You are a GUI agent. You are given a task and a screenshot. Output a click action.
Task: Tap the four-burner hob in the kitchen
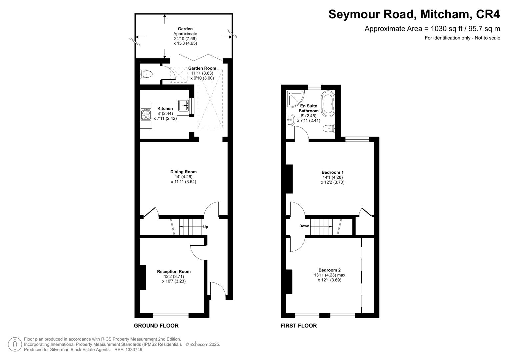[x=146, y=114]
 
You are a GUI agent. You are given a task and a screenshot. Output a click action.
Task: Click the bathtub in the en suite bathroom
[x=327, y=103]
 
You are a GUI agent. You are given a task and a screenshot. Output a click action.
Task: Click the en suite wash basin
[x=290, y=120]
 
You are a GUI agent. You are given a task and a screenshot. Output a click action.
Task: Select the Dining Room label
[x=183, y=172]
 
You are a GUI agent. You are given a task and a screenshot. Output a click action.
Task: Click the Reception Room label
[x=174, y=272]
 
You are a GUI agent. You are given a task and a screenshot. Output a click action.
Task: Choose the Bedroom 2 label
[x=329, y=270]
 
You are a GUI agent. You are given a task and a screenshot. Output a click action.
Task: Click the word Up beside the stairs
[x=205, y=227]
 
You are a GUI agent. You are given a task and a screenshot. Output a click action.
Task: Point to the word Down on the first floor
[x=304, y=226]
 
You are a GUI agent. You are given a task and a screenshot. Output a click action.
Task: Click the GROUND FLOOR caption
[x=156, y=326]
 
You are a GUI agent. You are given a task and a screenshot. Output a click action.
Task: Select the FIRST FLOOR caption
[x=299, y=326]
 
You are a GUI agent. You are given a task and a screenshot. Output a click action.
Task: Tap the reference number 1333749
[x=133, y=350]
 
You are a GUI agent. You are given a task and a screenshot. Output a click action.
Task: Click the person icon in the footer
[x=15, y=344]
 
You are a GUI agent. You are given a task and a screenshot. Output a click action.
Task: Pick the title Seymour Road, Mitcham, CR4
[x=414, y=15]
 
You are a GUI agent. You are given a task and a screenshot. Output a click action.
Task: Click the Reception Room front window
[x=171, y=315]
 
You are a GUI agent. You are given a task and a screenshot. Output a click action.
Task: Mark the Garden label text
[x=185, y=29]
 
